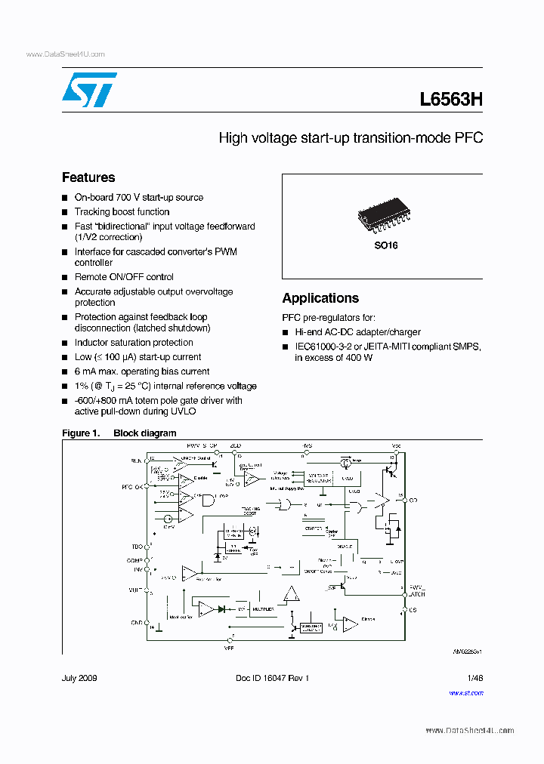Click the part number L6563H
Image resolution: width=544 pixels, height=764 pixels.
450,100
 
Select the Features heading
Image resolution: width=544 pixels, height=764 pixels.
88,177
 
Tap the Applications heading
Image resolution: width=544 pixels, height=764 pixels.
320,298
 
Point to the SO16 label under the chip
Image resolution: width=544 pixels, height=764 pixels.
385,245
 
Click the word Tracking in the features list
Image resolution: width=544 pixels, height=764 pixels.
92,212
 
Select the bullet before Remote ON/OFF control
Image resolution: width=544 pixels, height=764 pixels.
65,278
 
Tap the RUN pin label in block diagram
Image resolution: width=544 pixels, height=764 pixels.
136,460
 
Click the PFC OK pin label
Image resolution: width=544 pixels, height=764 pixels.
132,487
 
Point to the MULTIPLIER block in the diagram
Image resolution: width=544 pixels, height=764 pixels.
264,608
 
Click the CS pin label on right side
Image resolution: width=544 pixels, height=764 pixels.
413,608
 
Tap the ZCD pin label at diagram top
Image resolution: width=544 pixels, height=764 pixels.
236,446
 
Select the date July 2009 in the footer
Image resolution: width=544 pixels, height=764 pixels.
79,678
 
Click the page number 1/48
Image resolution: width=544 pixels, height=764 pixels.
474,678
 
